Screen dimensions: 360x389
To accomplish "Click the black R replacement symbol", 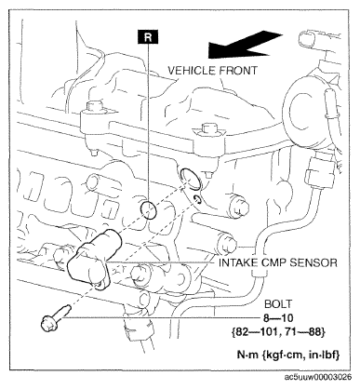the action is click(148, 36).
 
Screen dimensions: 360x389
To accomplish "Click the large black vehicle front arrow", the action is click(245, 44).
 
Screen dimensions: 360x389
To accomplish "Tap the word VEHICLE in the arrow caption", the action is click(192, 71).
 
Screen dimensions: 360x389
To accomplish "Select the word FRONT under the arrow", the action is click(238, 71).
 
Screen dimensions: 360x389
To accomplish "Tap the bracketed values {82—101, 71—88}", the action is click(278, 332).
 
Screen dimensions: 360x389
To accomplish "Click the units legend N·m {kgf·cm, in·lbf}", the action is click(288, 355).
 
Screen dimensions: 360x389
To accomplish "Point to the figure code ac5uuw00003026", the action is click(318, 377).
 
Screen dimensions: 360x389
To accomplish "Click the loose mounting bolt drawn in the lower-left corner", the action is click(55, 318).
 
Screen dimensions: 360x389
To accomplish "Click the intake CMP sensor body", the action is click(93, 259).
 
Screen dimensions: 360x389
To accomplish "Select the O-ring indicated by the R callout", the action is click(148, 209).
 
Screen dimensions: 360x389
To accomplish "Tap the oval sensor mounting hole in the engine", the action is click(191, 179).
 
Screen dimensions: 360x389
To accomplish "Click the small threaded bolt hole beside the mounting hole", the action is click(197, 199).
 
